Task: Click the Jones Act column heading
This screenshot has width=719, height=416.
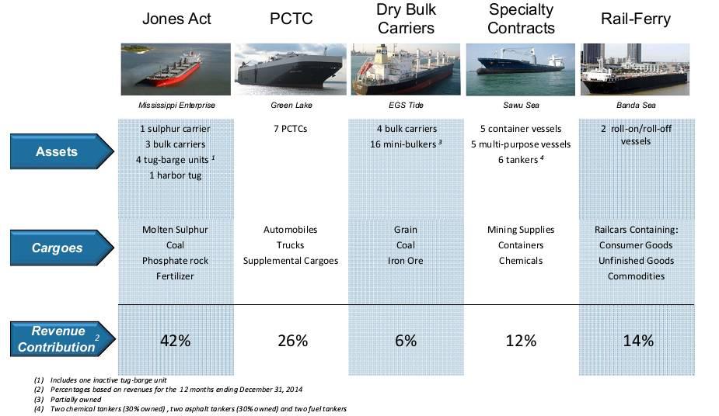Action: (176, 19)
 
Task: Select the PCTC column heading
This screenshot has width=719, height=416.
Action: (291, 19)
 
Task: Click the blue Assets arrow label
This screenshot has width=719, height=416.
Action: (58, 151)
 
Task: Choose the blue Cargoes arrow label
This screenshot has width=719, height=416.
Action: (58, 248)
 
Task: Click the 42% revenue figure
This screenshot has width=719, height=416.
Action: (176, 340)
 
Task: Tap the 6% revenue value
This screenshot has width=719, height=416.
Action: (405, 340)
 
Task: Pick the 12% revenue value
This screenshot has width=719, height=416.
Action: (521, 340)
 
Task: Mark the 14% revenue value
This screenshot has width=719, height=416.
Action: (637, 340)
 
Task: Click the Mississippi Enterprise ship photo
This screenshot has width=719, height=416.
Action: (176, 68)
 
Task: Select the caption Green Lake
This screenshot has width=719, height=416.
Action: (291, 105)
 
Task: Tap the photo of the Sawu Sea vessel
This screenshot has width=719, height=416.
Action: (520, 68)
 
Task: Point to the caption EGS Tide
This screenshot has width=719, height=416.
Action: (406, 105)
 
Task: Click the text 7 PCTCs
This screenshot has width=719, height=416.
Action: (291, 129)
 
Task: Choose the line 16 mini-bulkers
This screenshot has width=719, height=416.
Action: (405, 144)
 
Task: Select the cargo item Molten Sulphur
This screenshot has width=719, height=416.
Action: (176, 230)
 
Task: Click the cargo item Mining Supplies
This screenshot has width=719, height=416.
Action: (521, 230)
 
